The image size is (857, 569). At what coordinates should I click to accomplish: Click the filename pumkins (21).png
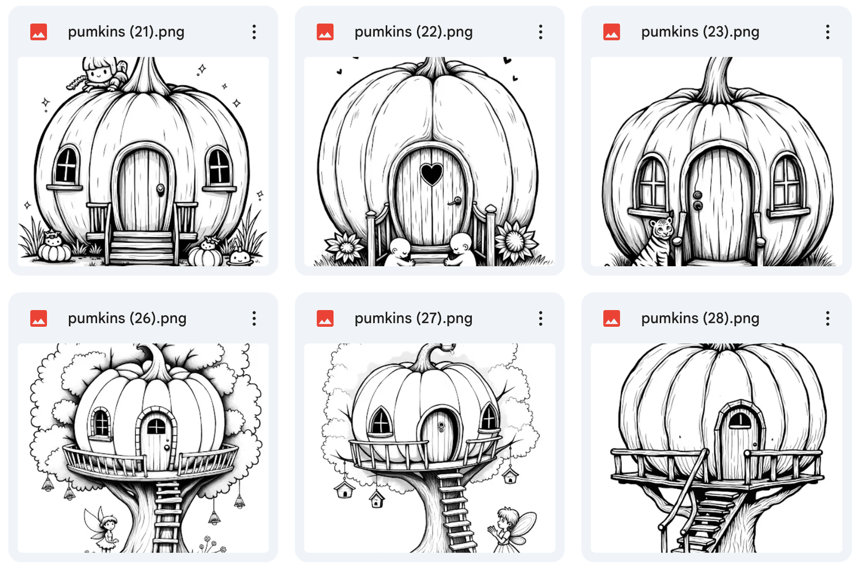pos(126,32)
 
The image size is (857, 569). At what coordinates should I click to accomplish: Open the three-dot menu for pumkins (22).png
pos(540,32)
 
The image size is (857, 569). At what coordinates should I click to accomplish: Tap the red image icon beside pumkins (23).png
pos(611,32)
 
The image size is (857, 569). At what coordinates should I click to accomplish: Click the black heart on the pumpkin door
pos(431,174)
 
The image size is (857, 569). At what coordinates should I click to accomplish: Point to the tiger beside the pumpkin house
pos(655,241)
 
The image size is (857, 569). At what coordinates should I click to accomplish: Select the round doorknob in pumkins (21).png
pos(161,189)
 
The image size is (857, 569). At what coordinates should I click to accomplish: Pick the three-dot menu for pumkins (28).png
pos(827,318)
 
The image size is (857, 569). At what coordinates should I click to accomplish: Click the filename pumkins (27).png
pos(413,318)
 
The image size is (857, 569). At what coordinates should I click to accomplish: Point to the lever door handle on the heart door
pos(455,201)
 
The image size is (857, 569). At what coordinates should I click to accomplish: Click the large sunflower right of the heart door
pos(515,241)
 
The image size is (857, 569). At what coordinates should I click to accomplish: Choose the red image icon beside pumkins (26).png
pos(38,318)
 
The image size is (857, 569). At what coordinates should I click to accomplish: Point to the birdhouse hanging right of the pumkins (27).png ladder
pos(510,476)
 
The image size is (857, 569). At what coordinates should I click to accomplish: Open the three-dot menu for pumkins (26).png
pos(254,318)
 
